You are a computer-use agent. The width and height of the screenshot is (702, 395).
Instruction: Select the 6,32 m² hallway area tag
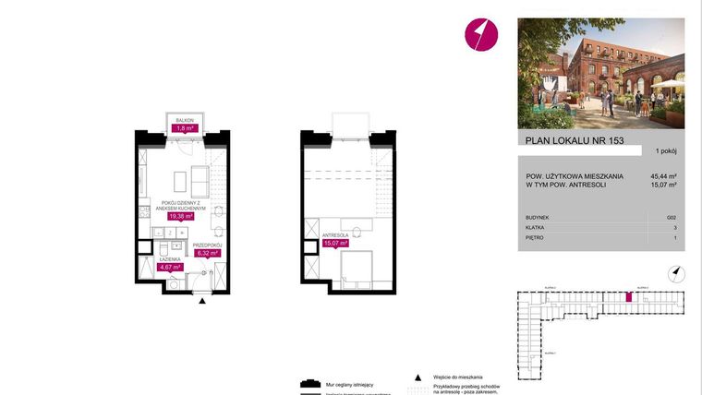pos(206,252)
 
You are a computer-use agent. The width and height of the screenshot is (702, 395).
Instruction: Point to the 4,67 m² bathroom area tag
pos(171,268)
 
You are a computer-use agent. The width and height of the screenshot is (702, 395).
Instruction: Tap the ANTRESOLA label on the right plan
pos(333,235)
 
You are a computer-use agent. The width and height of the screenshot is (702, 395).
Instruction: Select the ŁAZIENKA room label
pos(170,259)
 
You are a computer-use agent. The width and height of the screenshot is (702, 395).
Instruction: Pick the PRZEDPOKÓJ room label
pos(206,244)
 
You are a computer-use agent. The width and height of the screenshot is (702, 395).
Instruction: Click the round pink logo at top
pos(479,34)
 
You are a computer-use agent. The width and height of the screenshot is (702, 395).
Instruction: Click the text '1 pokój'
pos(665,150)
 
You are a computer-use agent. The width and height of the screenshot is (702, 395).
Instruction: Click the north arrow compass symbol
pos(676,271)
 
